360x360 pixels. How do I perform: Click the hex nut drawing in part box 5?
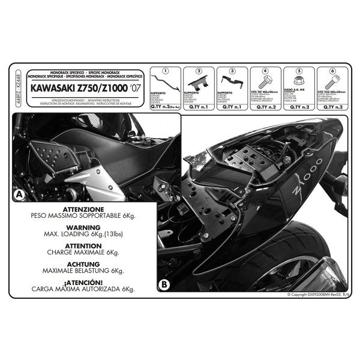click(298, 82)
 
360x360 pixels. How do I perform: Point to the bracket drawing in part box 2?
click(199, 82)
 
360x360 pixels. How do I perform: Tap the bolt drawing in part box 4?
click(265, 82)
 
